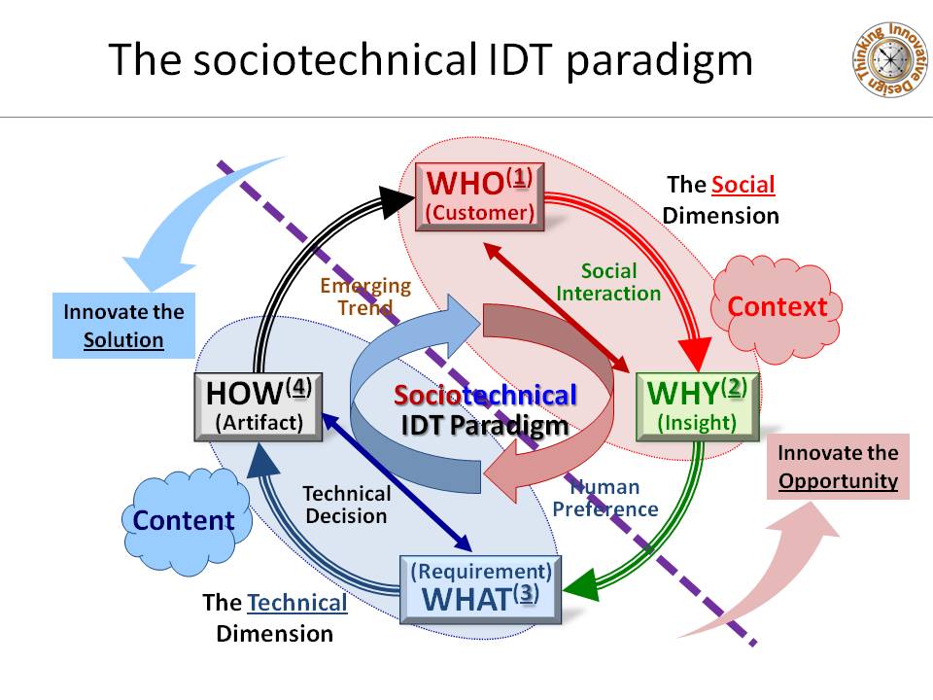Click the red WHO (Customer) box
(479, 196)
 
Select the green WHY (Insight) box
(697, 405)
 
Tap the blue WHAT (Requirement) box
(481, 587)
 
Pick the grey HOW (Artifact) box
(259, 406)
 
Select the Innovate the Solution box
(123, 326)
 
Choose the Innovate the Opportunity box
(838, 467)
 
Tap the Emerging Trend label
(365, 297)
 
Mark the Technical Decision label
(347, 505)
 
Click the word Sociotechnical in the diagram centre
(485, 396)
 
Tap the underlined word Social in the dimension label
(743, 185)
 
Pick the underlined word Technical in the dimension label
(296, 603)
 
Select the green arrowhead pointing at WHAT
(581, 587)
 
